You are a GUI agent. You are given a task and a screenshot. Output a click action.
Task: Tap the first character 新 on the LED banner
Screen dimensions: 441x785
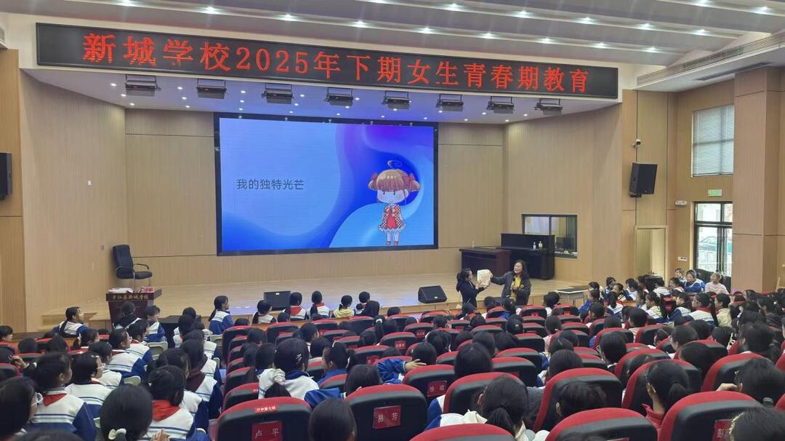coord(99,48)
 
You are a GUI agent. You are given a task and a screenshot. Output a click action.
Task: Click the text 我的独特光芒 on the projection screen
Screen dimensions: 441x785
coord(270,184)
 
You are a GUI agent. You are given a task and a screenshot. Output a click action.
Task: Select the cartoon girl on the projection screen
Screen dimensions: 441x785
coord(393,202)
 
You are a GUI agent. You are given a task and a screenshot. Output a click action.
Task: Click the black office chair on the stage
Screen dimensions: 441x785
coord(128,264)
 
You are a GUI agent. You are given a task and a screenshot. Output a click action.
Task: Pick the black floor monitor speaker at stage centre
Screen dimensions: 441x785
coord(432,294)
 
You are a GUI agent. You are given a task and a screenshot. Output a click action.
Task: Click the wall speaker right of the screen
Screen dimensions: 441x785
coord(643,179)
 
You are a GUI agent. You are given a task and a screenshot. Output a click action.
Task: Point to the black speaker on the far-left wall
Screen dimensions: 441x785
coord(5,175)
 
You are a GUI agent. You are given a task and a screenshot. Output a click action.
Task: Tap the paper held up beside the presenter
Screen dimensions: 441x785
coord(483,277)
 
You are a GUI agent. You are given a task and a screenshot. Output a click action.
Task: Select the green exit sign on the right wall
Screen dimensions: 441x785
coord(714,193)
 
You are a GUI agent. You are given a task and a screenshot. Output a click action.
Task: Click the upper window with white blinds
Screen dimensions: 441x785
coord(712,140)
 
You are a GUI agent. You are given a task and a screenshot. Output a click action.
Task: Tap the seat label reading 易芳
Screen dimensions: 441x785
coord(387,416)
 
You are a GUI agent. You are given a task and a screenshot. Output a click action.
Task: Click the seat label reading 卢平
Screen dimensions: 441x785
coord(266,431)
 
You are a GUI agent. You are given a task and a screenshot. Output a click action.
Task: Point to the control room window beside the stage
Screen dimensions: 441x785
coord(549,232)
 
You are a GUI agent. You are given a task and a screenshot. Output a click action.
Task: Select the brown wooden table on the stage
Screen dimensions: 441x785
coord(485,260)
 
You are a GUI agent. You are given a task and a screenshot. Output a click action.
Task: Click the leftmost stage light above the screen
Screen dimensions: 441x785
coord(141,85)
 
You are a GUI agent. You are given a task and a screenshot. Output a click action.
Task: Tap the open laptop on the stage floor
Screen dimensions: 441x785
coord(277,299)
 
